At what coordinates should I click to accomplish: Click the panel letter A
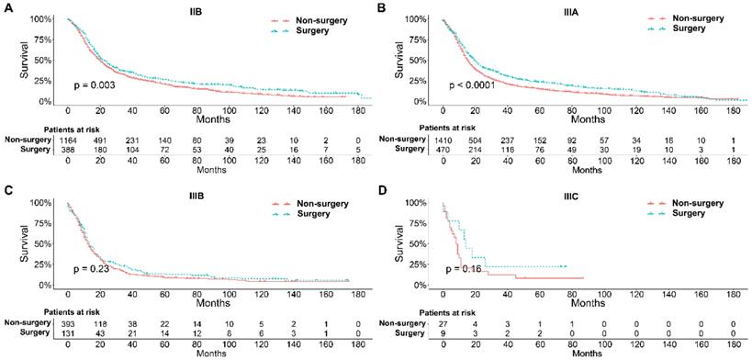point(7,7)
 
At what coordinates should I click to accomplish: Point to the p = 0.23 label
point(92,268)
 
